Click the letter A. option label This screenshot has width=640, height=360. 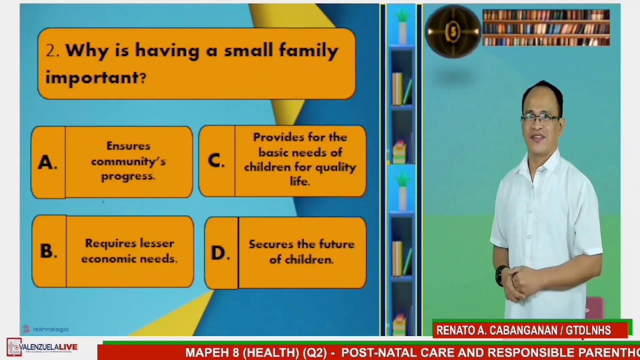pos(47,162)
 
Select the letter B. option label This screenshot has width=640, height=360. pos(48,251)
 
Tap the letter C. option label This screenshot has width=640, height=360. pos(216,160)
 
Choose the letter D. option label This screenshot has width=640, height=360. pos(220,253)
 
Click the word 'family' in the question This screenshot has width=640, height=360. pos(308,50)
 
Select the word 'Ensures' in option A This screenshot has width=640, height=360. pos(128,146)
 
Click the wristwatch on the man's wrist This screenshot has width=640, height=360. pos(500,275)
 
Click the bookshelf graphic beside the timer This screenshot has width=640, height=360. pos(546,28)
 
